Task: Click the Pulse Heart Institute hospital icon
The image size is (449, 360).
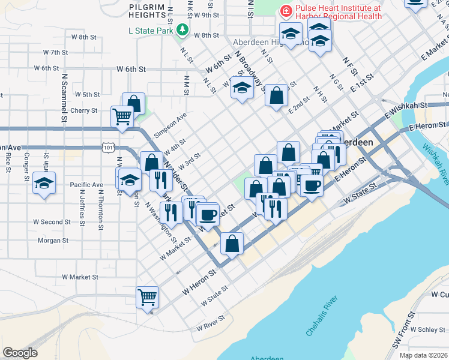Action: point(286,11)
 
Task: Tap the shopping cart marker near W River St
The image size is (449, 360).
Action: point(148,296)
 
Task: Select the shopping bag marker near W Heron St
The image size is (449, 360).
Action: point(232,243)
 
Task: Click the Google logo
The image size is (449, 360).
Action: point(20,353)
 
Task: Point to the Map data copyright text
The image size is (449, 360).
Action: point(423,355)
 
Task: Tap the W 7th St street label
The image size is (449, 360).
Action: point(55,53)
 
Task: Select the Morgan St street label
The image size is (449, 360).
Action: point(53,241)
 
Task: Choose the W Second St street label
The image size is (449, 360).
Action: point(52,222)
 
